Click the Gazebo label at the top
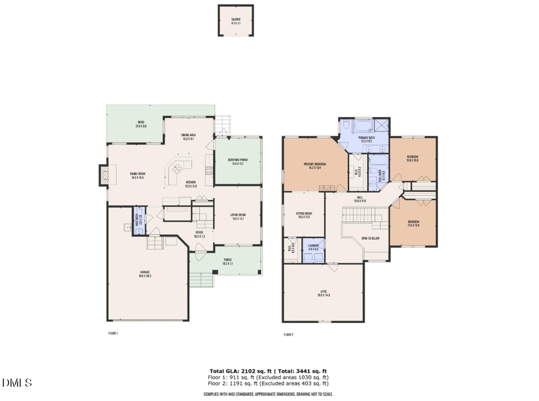tap(235, 19)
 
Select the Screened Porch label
tap(238, 159)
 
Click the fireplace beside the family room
tap(103, 174)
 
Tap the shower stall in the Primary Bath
tap(380, 126)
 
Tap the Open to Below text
tap(370, 238)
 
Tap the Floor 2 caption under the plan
tap(288, 334)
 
